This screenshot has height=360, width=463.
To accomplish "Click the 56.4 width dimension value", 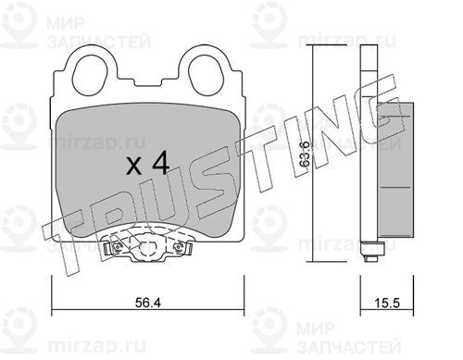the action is (x=148, y=303).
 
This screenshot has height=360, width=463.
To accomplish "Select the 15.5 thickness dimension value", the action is (x=387, y=303).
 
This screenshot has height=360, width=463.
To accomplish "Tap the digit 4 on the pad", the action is (x=161, y=163).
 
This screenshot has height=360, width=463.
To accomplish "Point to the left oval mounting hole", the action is (x=90, y=74).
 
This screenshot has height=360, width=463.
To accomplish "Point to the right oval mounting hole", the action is (x=205, y=74).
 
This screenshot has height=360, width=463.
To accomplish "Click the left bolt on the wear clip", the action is (x=117, y=247).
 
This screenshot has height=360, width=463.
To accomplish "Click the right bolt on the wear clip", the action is (x=179, y=247).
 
